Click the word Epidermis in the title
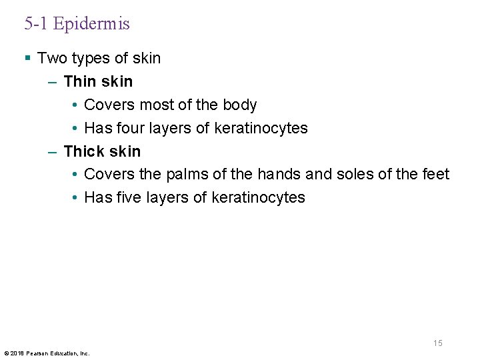click(91, 25)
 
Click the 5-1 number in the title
click(37, 25)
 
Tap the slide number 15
click(437, 343)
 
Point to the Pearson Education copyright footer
click(47, 353)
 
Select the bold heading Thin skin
click(98, 82)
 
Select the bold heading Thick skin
click(102, 151)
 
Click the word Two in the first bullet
click(51, 59)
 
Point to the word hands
click(279, 175)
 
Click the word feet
click(436, 175)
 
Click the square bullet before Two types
click(27, 59)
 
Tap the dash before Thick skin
click(53, 151)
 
